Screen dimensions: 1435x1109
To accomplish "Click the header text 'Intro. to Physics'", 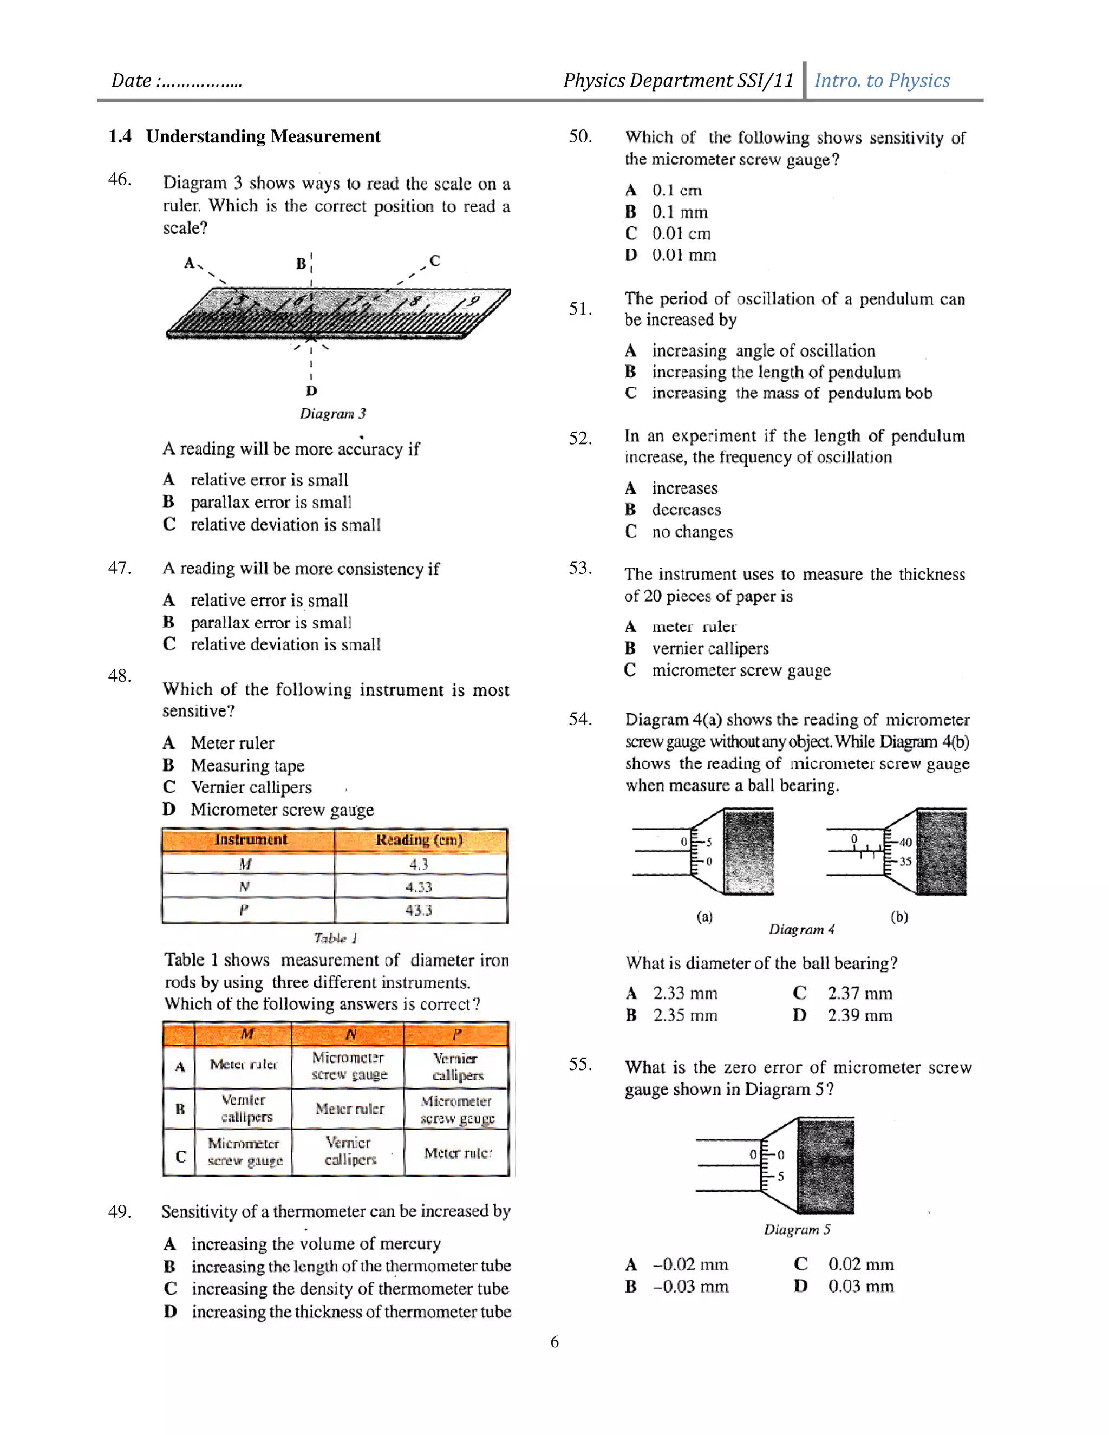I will (882, 80).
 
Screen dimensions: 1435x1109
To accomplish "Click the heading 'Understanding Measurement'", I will (263, 136).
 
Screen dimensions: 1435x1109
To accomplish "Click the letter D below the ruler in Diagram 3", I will (311, 390).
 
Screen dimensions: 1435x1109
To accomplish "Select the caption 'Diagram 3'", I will (332, 413).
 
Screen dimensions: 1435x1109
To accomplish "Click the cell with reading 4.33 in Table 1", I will (419, 887).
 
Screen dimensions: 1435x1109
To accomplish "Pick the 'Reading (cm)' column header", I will (419, 840).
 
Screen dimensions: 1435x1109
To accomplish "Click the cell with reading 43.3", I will (419, 910).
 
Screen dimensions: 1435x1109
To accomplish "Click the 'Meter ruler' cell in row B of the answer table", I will (349, 1108).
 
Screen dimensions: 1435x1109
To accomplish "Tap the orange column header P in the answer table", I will (456, 1034).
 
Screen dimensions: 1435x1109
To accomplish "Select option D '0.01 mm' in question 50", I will (683, 255).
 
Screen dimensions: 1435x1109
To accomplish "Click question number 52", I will (580, 438).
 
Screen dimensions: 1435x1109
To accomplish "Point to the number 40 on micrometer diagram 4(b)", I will (905, 843).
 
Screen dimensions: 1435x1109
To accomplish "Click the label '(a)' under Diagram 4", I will (704, 917).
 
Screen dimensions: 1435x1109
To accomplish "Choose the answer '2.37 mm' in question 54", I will (859, 994).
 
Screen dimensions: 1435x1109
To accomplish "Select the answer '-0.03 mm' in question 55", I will (690, 1286).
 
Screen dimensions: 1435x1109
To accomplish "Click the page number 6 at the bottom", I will (554, 1342).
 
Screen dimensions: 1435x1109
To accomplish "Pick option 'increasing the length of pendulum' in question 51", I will (776, 372).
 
